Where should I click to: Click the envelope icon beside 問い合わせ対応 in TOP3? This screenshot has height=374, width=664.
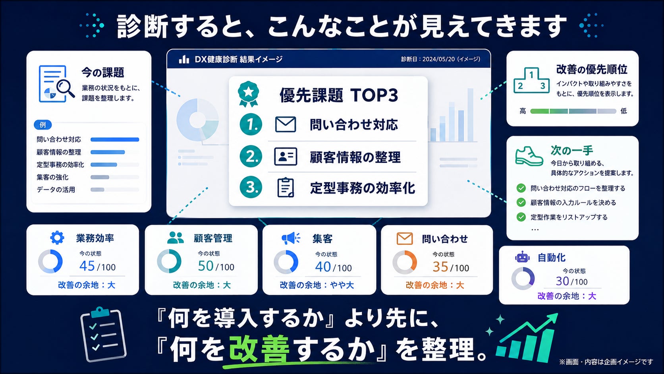[x=286, y=124]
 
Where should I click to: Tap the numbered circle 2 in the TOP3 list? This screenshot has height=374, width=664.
[x=251, y=156]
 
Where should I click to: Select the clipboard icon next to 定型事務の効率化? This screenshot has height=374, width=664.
[x=286, y=188]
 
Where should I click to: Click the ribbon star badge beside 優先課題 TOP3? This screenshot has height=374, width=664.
[x=249, y=94]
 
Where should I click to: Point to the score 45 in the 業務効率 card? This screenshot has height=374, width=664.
[x=87, y=266]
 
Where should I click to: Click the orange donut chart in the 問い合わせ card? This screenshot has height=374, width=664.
[x=405, y=262]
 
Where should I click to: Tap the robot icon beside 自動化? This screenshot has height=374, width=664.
[x=522, y=257]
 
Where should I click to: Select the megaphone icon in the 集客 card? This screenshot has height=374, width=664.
[x=291, y=238]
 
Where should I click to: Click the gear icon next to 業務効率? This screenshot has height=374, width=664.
[x=57, y=238]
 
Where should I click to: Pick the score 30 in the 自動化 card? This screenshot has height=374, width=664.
[x=562, y=281]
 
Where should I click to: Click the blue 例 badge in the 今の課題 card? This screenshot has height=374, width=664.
[x=42, y=124]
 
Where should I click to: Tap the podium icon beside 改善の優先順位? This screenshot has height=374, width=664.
[x=531, y=80]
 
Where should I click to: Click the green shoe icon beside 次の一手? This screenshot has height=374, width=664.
[x=529, y=156]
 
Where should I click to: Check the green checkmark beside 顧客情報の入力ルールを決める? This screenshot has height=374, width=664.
[x=521, y=202]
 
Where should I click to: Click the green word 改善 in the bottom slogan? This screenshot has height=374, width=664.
[x=259, y=349]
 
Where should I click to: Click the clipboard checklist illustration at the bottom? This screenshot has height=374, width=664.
[x=103, y=335]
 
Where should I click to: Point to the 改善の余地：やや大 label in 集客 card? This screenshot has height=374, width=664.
[x=317, y=285]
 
